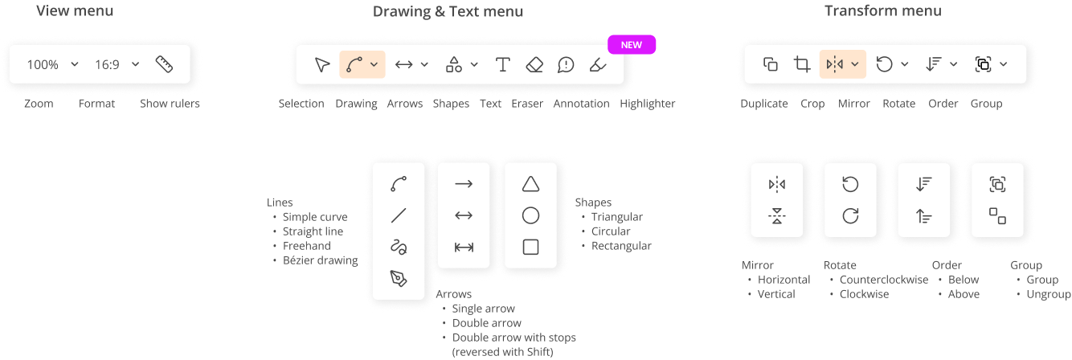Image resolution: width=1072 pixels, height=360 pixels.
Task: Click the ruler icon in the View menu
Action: click(164, 64)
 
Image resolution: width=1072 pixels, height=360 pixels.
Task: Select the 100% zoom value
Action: click(43, 65)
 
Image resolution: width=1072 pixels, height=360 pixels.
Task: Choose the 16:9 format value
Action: click(107, 65)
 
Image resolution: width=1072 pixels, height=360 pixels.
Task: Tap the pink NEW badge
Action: click(632, 45)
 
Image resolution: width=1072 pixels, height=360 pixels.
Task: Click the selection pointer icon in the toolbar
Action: click(321, 65)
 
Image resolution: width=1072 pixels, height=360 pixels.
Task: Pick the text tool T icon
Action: click(503, 65)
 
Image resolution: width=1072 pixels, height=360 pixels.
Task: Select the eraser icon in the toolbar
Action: click(534, 65)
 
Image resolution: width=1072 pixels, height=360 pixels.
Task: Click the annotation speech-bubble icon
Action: click(566, 65)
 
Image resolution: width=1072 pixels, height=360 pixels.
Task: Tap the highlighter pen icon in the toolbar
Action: click(597, 65)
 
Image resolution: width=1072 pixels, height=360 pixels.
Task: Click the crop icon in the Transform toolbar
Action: click(801, 64)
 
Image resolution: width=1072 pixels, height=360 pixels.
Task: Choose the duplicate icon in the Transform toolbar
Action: click(770, 64)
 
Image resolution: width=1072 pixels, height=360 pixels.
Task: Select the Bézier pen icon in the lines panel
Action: click(399, 278)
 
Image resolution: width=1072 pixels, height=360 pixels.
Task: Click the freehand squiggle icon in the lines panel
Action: click(399, 247)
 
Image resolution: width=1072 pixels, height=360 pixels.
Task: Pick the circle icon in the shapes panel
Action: click(530, 215)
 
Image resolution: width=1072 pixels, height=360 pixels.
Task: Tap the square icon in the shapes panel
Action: click(530, 247)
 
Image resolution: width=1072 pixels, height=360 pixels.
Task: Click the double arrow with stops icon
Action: click(464, 247)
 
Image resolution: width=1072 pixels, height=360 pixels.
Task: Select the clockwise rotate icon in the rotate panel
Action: click(850, 216)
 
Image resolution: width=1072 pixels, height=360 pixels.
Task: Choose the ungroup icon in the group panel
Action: click(997, 215)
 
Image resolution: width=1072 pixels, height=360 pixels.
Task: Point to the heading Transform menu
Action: click(882, 11)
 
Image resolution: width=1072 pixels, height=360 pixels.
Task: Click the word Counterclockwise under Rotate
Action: click(883, 280)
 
